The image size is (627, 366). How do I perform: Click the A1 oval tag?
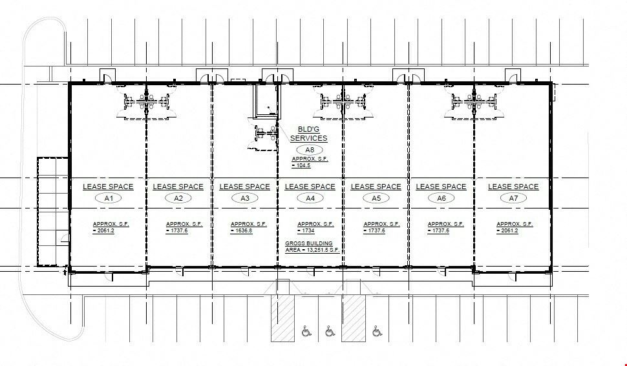point(109,198)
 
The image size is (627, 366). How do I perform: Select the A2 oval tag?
point(178,198)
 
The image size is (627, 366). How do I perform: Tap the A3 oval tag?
point(244,198)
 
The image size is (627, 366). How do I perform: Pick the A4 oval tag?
point(310,198)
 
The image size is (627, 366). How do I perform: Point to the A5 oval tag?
point(376,198)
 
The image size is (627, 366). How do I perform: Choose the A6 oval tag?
point(441,198)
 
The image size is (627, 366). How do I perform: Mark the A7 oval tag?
point(513,198)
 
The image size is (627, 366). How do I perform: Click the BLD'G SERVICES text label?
point(309,134)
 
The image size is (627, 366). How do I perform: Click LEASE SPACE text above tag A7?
point(513,187)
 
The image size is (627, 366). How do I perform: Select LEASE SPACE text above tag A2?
point(178,187)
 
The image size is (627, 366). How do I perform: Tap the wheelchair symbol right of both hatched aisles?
point(377,332)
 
